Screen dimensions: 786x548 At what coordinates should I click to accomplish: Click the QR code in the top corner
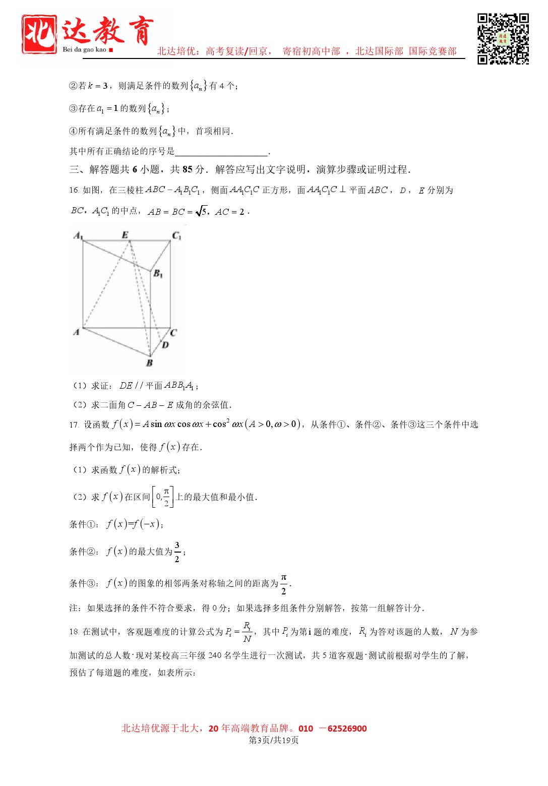[x=503, y=39]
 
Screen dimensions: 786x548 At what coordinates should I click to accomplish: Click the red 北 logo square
[x=39, y=34]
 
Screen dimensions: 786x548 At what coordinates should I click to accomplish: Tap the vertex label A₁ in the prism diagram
[x=78, y=235]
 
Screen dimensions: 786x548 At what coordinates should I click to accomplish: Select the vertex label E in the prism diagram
[x=125, y=234]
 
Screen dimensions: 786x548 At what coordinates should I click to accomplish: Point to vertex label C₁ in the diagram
[x=176, y=235]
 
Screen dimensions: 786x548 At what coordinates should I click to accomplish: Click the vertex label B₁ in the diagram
[x=158, y=273]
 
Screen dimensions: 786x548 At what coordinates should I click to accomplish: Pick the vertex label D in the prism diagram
[x=165, y=345]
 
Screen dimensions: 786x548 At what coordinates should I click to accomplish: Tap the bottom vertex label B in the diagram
[x=149, y=362]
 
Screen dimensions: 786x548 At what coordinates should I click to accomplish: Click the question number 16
[x=74, y=190]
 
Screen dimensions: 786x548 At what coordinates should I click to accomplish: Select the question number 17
[x=74, y=425]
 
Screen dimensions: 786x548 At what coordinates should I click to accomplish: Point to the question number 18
[x=74, y=632]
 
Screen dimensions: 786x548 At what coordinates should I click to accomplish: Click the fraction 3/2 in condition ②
[x=177, y=552]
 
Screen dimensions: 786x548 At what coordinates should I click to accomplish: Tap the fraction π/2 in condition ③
[x=283, y=583]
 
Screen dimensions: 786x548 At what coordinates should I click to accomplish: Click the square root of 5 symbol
[x=201, y=211]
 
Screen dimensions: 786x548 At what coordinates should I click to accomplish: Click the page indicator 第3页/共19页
[x=274, y=740]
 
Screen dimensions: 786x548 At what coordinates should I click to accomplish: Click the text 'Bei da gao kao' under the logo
[x=85, y=49]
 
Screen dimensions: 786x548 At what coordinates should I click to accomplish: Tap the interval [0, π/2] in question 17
[x=163, y=497]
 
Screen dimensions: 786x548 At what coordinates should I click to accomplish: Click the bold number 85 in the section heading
[x=188, y=169]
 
